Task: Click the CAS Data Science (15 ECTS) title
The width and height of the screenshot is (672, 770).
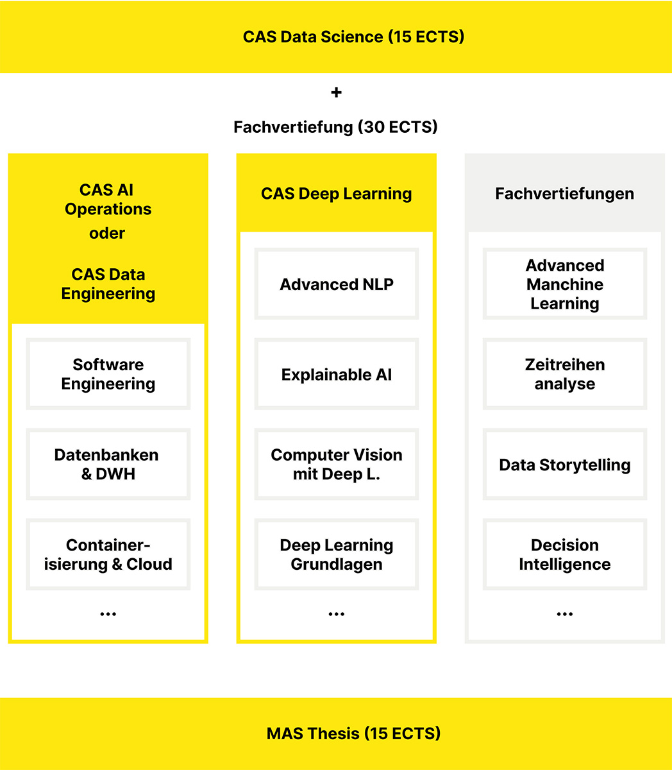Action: (x=353, y=37)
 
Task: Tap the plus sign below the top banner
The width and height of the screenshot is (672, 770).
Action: (x=336, y=92)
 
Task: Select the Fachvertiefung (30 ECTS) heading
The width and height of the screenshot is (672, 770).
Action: (x=335, y=127)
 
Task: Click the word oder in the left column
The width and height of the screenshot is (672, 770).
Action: (x=107, y=233)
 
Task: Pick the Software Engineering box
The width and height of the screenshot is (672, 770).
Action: (x=108, y=374)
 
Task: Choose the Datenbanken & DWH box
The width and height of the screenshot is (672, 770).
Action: (x=108, y=464)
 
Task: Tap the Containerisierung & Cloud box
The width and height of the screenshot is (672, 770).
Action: (x=108, y=554)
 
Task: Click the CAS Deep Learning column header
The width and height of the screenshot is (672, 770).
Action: (x=336, y=194)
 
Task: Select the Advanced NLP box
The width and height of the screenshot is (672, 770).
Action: (x=336, y=284)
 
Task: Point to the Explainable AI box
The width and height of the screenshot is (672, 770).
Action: (x=336, y=375)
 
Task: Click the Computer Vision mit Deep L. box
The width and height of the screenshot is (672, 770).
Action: (x=336, y=464)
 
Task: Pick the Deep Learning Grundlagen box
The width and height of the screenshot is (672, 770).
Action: (x=336, y=554)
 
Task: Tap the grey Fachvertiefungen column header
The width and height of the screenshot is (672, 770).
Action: (x=564, y=194)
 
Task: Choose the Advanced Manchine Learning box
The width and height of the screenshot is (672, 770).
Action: (x=564, y=284)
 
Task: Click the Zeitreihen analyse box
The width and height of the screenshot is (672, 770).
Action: (x=564, y=374)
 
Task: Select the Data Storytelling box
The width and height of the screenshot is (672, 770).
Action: (x=564, y=465)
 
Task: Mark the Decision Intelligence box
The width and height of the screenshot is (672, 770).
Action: (x=564, y=554)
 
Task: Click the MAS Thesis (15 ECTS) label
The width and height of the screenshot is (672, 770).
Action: (x=353, y=733)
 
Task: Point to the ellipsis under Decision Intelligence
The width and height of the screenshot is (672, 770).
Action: (x=564, y=615)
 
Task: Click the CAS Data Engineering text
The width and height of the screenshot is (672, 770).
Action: (x=108, y=284)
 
